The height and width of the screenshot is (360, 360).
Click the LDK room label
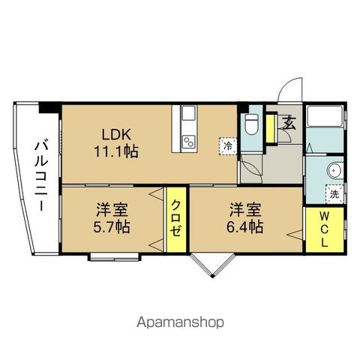[116, 135]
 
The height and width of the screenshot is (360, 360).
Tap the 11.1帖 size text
[116, 151]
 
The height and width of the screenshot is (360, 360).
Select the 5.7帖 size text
[112, 227]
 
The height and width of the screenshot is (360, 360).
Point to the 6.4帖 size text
[245, 227]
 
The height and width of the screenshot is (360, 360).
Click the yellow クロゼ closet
[176, 220]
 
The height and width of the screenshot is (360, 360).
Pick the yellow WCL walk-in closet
[325, 229]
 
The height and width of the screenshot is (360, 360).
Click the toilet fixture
[251, 124]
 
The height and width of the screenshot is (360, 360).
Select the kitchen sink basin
[188, 112]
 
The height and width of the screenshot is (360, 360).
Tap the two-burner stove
[188, 142]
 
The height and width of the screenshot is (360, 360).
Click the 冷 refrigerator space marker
[228, 146]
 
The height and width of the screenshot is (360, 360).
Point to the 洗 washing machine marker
[334, 194]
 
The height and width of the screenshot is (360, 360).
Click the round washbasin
[335, 170]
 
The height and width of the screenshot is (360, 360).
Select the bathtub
[325, 116]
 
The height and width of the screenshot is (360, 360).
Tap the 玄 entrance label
[289, 123]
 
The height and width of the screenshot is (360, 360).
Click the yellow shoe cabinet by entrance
[270, 128]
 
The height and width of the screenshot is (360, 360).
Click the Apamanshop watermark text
[180, 322]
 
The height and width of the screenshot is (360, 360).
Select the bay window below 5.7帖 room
[115, 257]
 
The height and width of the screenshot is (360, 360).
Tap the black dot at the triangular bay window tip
[212, 276]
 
